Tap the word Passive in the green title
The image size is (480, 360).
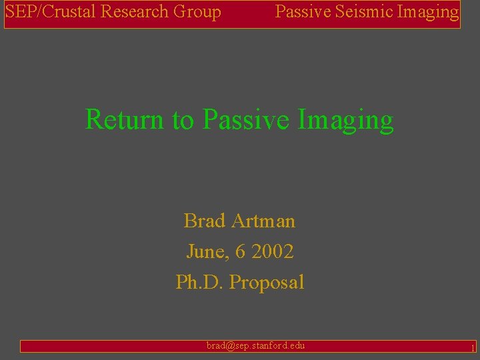(245, 120)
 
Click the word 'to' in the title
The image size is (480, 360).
(182, 121)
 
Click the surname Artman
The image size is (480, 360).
(265, 221)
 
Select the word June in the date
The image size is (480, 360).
(205, 252)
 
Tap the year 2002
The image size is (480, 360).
(271, 252)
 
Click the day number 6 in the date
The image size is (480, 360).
(239, 252)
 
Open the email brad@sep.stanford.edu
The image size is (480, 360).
(255, 345)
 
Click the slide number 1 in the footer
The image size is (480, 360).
(472, 347)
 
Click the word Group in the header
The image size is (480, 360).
(198, 12)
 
